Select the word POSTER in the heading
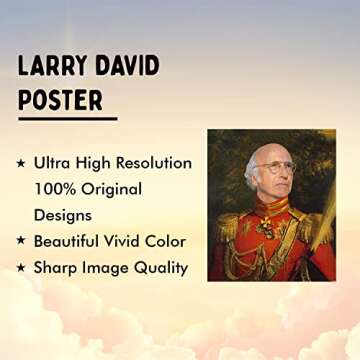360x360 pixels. click(61, 100)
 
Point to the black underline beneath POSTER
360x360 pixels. click(67, 119)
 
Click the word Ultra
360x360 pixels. click(53, 162)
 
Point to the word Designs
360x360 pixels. click(64, 215)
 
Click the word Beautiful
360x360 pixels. click(73, 241)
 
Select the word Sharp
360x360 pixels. click(57, 267)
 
